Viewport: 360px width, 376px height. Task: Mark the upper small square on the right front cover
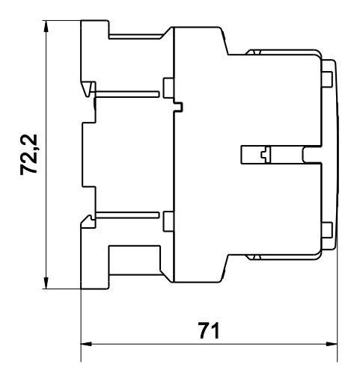[326, 77]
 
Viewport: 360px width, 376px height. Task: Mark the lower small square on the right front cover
[326, 231]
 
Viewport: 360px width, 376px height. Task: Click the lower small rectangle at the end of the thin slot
[168, 221]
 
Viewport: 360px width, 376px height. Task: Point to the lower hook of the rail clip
[88, 220]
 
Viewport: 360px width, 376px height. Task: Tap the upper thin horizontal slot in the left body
[127, 93]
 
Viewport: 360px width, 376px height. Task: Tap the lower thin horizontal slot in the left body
[127, 215]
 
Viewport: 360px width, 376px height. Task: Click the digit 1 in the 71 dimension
[214, 329]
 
